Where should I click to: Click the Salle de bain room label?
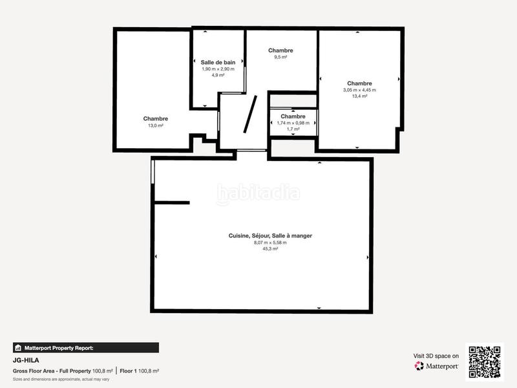tap(217, 62)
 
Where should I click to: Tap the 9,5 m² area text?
tap(280, 57)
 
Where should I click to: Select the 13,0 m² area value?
tap(156, 125)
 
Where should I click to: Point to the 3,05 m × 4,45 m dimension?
tap(359, 90)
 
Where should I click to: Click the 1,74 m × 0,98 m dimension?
tap(293, 123)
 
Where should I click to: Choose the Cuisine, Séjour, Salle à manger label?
tap(270, 236)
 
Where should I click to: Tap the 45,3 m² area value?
tap(270, 248)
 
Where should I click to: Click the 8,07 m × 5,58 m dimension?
tap(270, 242)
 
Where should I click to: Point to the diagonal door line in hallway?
tap(250, 114)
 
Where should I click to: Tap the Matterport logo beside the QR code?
tap(437, 366)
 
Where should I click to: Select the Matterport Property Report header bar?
tap(85, 347)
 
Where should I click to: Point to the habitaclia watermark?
tap(258, 192)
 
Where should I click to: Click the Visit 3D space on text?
tap(436, 356)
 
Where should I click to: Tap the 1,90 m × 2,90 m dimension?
tap(218, 69)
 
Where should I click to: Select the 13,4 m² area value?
tap(359, 96)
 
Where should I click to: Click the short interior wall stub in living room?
tap(172, 203)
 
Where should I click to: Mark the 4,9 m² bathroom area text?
tap(218, 75)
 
